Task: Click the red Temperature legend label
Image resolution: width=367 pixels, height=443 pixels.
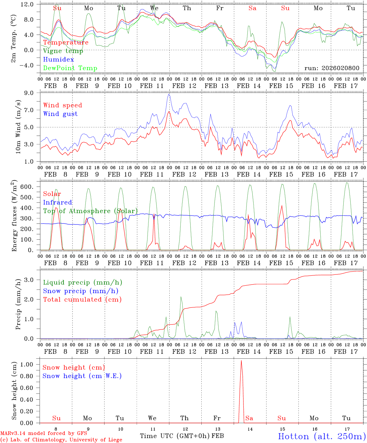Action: [66, 42]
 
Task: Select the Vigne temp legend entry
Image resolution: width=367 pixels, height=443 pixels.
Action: [63, 51]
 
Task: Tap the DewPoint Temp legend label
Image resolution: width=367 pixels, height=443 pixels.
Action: [70, 68]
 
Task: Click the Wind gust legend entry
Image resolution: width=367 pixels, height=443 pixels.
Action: [60, 114]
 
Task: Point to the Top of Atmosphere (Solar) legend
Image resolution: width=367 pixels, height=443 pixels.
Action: [90, 211]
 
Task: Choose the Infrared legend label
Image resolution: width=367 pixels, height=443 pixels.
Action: [57, 202]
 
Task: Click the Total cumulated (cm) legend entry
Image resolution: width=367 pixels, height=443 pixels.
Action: [82, 300]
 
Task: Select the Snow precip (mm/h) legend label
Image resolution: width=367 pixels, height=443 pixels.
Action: [81, 291]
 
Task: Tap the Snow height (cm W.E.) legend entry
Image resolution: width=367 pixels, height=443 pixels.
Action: [82, 376]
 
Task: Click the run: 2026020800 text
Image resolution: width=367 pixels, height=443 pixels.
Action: [332, 68]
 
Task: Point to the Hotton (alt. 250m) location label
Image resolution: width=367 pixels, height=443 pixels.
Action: [322, 436]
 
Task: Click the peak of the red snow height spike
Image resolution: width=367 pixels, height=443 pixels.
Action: [241, 361]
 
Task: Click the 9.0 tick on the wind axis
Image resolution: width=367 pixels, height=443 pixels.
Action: [29, 93]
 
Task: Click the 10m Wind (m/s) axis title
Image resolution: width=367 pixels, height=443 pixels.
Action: [18, 127]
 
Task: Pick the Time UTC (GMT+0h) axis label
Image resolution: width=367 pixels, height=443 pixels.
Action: [175, 436]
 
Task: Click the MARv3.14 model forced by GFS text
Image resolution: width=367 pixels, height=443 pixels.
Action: [44, 433]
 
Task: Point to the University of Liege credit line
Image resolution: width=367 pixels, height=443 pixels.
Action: [61, 440]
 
